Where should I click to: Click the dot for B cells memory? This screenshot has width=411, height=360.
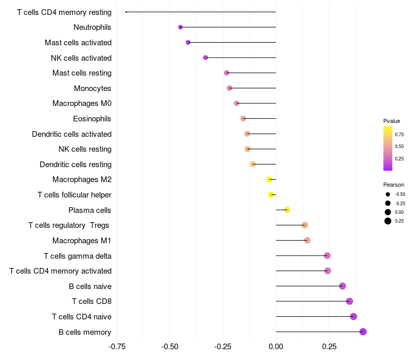(x=363, y=332)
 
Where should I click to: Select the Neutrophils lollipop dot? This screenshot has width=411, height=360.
(x=180, y=27)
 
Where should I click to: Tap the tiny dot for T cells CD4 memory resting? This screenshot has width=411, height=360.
(x=126, y=12)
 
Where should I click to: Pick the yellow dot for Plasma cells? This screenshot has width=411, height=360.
(x=287, y=210)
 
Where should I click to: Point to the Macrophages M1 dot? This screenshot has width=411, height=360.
(x=307, y=240)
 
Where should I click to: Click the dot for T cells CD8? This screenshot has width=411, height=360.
(x=349, y=301)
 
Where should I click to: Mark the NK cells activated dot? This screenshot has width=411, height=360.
(x=206, y=58)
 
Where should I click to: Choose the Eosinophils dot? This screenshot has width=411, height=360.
(x=243, y=119)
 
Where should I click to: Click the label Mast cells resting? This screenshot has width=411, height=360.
(x=82, y=73)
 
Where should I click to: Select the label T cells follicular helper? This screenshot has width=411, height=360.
(x=74, y=195)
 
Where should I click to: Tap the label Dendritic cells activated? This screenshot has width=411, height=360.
(x=71, y=134)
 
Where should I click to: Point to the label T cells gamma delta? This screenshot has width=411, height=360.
(x=78, y=256)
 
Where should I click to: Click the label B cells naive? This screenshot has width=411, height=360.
(x=90, y=286)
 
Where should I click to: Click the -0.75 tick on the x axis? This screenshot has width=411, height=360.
(x=117, y=346)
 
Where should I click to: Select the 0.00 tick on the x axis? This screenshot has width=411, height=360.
(x=276, y=346)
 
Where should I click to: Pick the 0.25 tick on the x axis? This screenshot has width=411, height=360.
(x=329, y=346)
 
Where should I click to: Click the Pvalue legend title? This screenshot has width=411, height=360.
(x=391, y=121)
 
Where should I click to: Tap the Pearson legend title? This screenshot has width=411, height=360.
(x=394, y=185)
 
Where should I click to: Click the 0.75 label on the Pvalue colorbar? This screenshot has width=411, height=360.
(x=399, y=134)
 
